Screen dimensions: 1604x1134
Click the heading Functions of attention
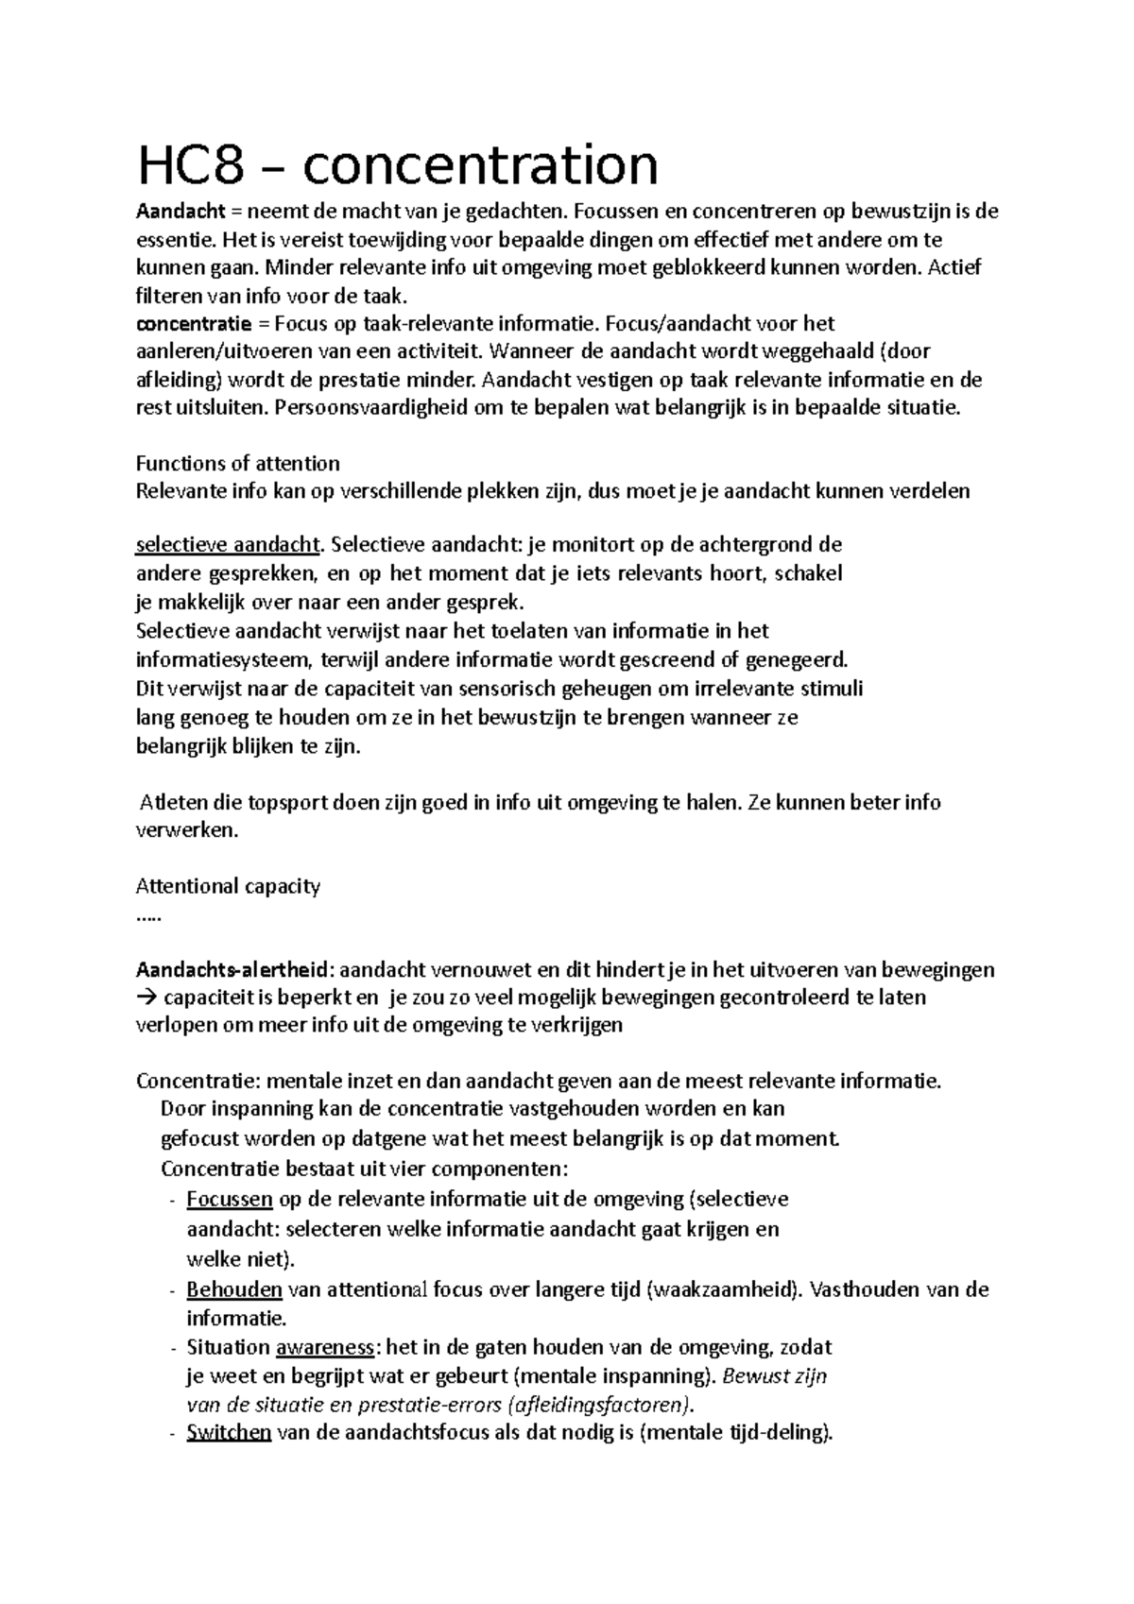pos(238,464)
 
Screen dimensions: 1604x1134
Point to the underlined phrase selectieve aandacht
pos(228,545)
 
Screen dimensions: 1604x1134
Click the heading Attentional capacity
pos(228,886)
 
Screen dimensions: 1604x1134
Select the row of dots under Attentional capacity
pos(148,914)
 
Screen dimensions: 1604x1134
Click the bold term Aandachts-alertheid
pos(233,970)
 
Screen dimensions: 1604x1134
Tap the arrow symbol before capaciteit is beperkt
pos(147,998)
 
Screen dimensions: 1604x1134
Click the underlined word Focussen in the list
pos(230,1200)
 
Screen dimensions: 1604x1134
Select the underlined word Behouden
pos(234,1289)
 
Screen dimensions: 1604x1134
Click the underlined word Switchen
pos(229,1432)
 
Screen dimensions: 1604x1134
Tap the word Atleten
pos(174,803)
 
